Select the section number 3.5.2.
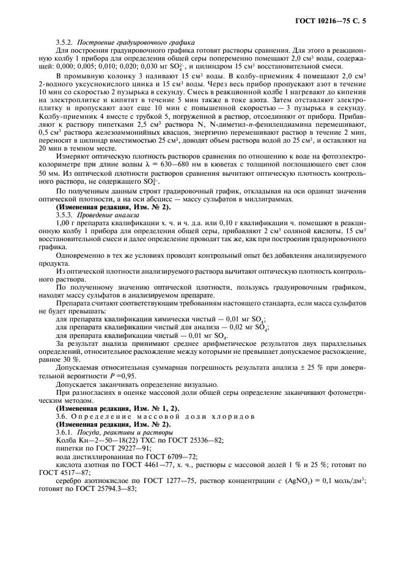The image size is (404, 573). pos(66,42)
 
